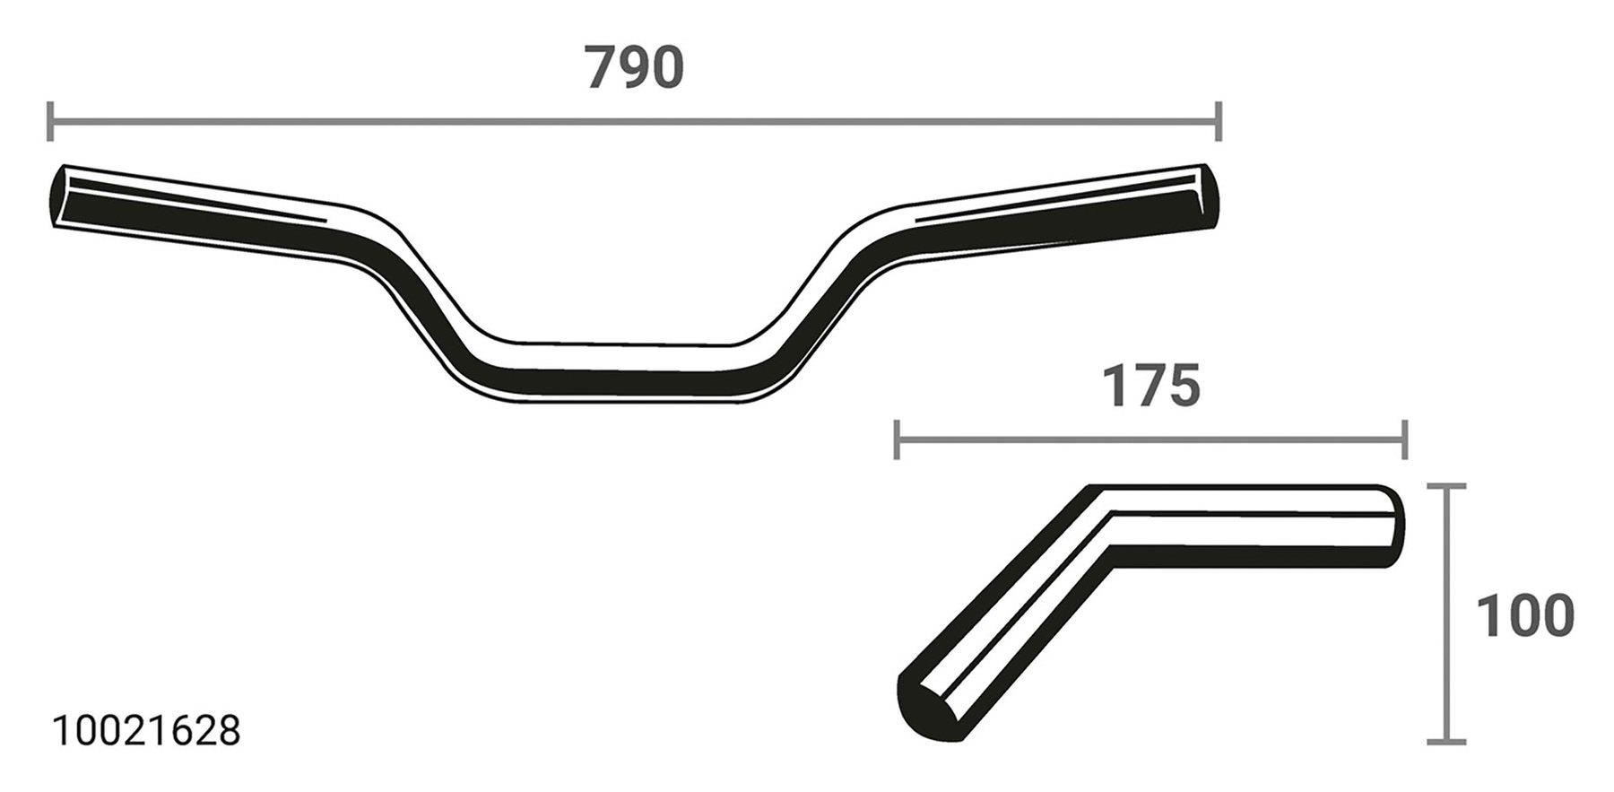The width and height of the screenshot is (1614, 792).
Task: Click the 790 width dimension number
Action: click(634, 68)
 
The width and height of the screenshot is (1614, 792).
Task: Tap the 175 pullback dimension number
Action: click(1150, 387)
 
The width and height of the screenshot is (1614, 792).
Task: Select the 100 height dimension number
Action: click(1524, 617)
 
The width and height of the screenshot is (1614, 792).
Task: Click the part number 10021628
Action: click(147, 732)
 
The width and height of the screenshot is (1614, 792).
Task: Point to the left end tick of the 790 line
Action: click(49, 121)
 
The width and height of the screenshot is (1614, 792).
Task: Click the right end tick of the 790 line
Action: click(1218, 121)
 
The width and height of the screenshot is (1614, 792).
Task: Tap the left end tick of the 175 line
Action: click(897, 440)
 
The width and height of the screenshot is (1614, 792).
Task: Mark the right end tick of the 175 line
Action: click(1405, 440)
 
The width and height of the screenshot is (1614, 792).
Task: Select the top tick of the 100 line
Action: click(1445, 487)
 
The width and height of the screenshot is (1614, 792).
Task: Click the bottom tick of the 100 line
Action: click(1445, 742)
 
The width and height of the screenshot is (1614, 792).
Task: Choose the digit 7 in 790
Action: click(603, 68)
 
